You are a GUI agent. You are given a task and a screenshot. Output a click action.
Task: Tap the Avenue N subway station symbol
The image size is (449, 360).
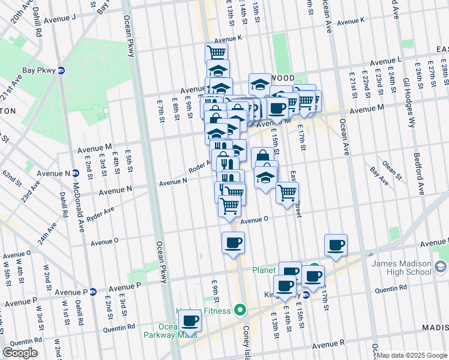coord(76,173)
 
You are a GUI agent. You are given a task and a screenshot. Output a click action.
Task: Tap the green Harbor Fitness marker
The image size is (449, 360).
coord(240,310)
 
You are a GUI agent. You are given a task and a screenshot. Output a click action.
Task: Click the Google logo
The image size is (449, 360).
coord(20,353)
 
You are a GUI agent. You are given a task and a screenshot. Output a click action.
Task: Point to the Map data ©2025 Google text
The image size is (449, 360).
coord(412,355)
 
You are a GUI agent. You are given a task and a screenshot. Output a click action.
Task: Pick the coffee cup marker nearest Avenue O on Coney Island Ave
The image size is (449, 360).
coord(233,243)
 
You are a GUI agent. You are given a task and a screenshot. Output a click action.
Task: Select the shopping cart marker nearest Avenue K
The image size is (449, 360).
coord(216,53)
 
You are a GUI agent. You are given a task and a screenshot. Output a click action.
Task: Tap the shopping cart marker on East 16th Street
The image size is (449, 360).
coord(288,193)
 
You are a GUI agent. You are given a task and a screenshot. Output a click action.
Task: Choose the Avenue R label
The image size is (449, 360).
coord(328,344)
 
